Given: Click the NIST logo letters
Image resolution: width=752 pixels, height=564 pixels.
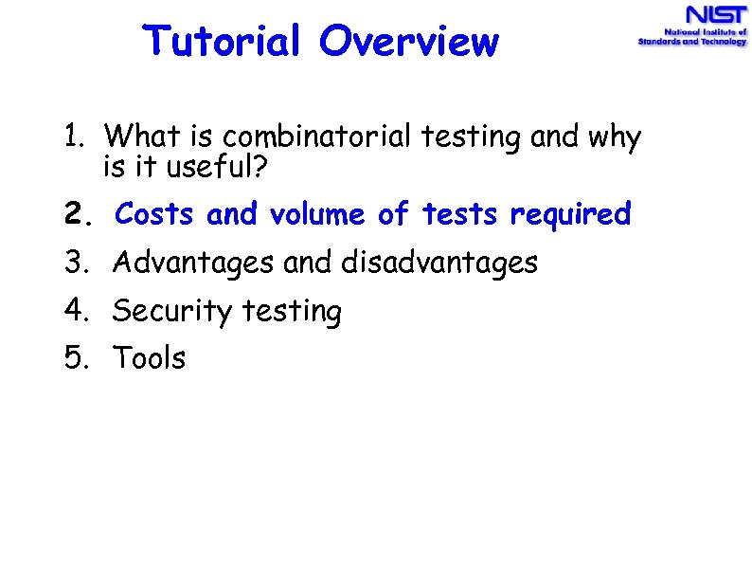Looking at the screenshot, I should click(716, 17).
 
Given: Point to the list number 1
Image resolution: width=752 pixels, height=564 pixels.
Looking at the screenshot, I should click(74, 137).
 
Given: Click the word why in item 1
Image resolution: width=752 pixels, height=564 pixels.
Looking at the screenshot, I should click(614, 139).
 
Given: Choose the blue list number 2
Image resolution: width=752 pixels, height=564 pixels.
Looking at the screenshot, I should click(77, 216).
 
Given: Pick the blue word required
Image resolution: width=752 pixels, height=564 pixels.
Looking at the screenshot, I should click(570, 216).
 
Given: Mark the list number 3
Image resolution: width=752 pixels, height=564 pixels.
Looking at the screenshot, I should click(76, 263).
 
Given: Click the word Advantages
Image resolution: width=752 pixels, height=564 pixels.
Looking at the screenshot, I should click(194, 264).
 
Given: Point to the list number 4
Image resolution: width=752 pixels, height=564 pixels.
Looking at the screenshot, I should click(76, 311).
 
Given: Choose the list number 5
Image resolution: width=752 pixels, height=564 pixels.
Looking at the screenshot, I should click(76, 358).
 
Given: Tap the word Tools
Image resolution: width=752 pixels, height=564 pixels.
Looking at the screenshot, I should click(150, 358).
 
